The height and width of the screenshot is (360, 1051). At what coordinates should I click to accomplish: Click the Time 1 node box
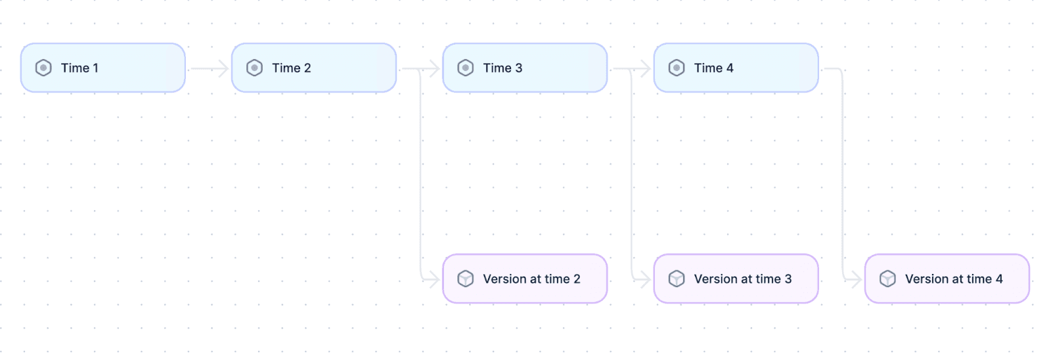(102, 68)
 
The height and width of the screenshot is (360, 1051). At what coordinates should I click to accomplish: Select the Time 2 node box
(314, 68)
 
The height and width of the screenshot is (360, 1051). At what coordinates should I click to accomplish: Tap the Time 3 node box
(525, 68)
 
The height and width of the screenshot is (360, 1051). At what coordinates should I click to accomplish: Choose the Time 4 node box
(736, 68)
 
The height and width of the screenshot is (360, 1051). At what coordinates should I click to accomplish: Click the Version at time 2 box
(525, 279)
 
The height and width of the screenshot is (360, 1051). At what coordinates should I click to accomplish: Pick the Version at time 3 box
(736, 279)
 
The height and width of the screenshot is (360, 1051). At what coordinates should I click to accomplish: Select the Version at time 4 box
(947, 279)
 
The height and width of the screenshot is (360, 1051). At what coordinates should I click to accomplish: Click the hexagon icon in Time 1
(43, 68)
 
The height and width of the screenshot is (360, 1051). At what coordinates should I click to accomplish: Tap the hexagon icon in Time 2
(254, 68)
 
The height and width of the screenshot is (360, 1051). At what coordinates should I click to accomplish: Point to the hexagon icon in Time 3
(466, 68)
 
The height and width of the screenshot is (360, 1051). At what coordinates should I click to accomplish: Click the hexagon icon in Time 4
(677, 68)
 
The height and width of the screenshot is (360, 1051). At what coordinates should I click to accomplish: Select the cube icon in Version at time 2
(466, 279)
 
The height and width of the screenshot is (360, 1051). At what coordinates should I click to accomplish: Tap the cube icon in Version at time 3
(677, 279)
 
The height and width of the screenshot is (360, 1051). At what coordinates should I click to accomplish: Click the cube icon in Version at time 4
(887, 279)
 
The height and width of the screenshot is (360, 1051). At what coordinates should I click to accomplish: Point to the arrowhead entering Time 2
(224, 69)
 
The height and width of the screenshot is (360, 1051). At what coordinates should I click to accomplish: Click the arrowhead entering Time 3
(436, 69)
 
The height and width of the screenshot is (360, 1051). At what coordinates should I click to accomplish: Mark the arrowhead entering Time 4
(646, 69)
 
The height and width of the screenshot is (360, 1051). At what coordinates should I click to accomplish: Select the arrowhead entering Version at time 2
(436, 281)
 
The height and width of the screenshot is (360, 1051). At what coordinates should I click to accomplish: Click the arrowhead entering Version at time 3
(646, 281)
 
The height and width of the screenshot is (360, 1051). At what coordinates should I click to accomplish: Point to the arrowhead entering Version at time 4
(858, 281)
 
